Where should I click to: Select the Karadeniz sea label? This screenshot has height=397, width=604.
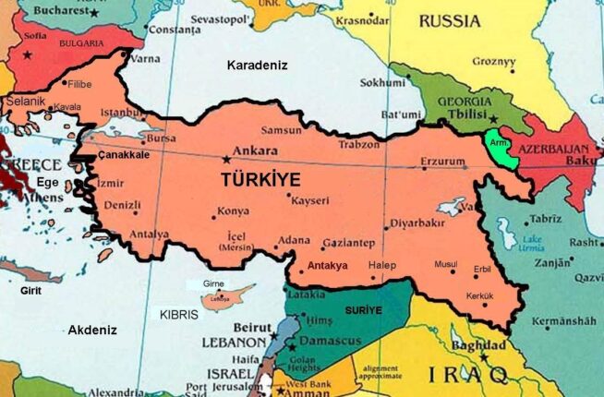(258, 66)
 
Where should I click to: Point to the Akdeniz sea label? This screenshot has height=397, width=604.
(92, 330)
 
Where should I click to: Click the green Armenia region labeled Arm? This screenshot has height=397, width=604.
(500, 146)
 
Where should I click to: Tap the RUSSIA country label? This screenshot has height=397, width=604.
(451, 19)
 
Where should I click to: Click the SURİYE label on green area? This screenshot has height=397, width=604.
(362, 310)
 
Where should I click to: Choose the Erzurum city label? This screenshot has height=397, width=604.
(443, 162)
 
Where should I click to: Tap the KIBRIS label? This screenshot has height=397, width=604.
(178, 314)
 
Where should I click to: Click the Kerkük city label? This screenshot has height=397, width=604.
(479, 295)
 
